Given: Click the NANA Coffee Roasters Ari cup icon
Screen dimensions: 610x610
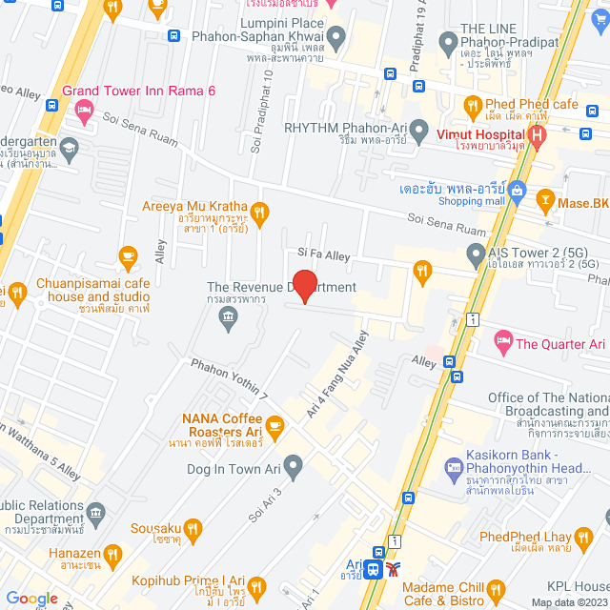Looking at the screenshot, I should [x=274, y=424].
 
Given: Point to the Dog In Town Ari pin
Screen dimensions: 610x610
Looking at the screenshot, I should [x=294, y=466].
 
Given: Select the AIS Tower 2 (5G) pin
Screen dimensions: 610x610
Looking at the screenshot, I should [x=476, y=254].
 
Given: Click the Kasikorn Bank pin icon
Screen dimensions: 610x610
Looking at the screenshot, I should [x=454, y=468].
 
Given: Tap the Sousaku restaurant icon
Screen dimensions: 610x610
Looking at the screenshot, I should [x=193, y=526].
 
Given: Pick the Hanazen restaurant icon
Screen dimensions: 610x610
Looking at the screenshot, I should [x=113, y=552].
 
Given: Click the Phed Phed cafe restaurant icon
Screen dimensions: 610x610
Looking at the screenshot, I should [x=471, y=105].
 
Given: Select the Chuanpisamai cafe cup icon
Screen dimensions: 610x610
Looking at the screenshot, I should [x=129, y=255].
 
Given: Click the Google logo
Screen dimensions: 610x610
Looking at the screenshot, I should [x=32, y=599].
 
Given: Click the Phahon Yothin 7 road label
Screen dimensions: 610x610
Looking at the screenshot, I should [x=230, y=378].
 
